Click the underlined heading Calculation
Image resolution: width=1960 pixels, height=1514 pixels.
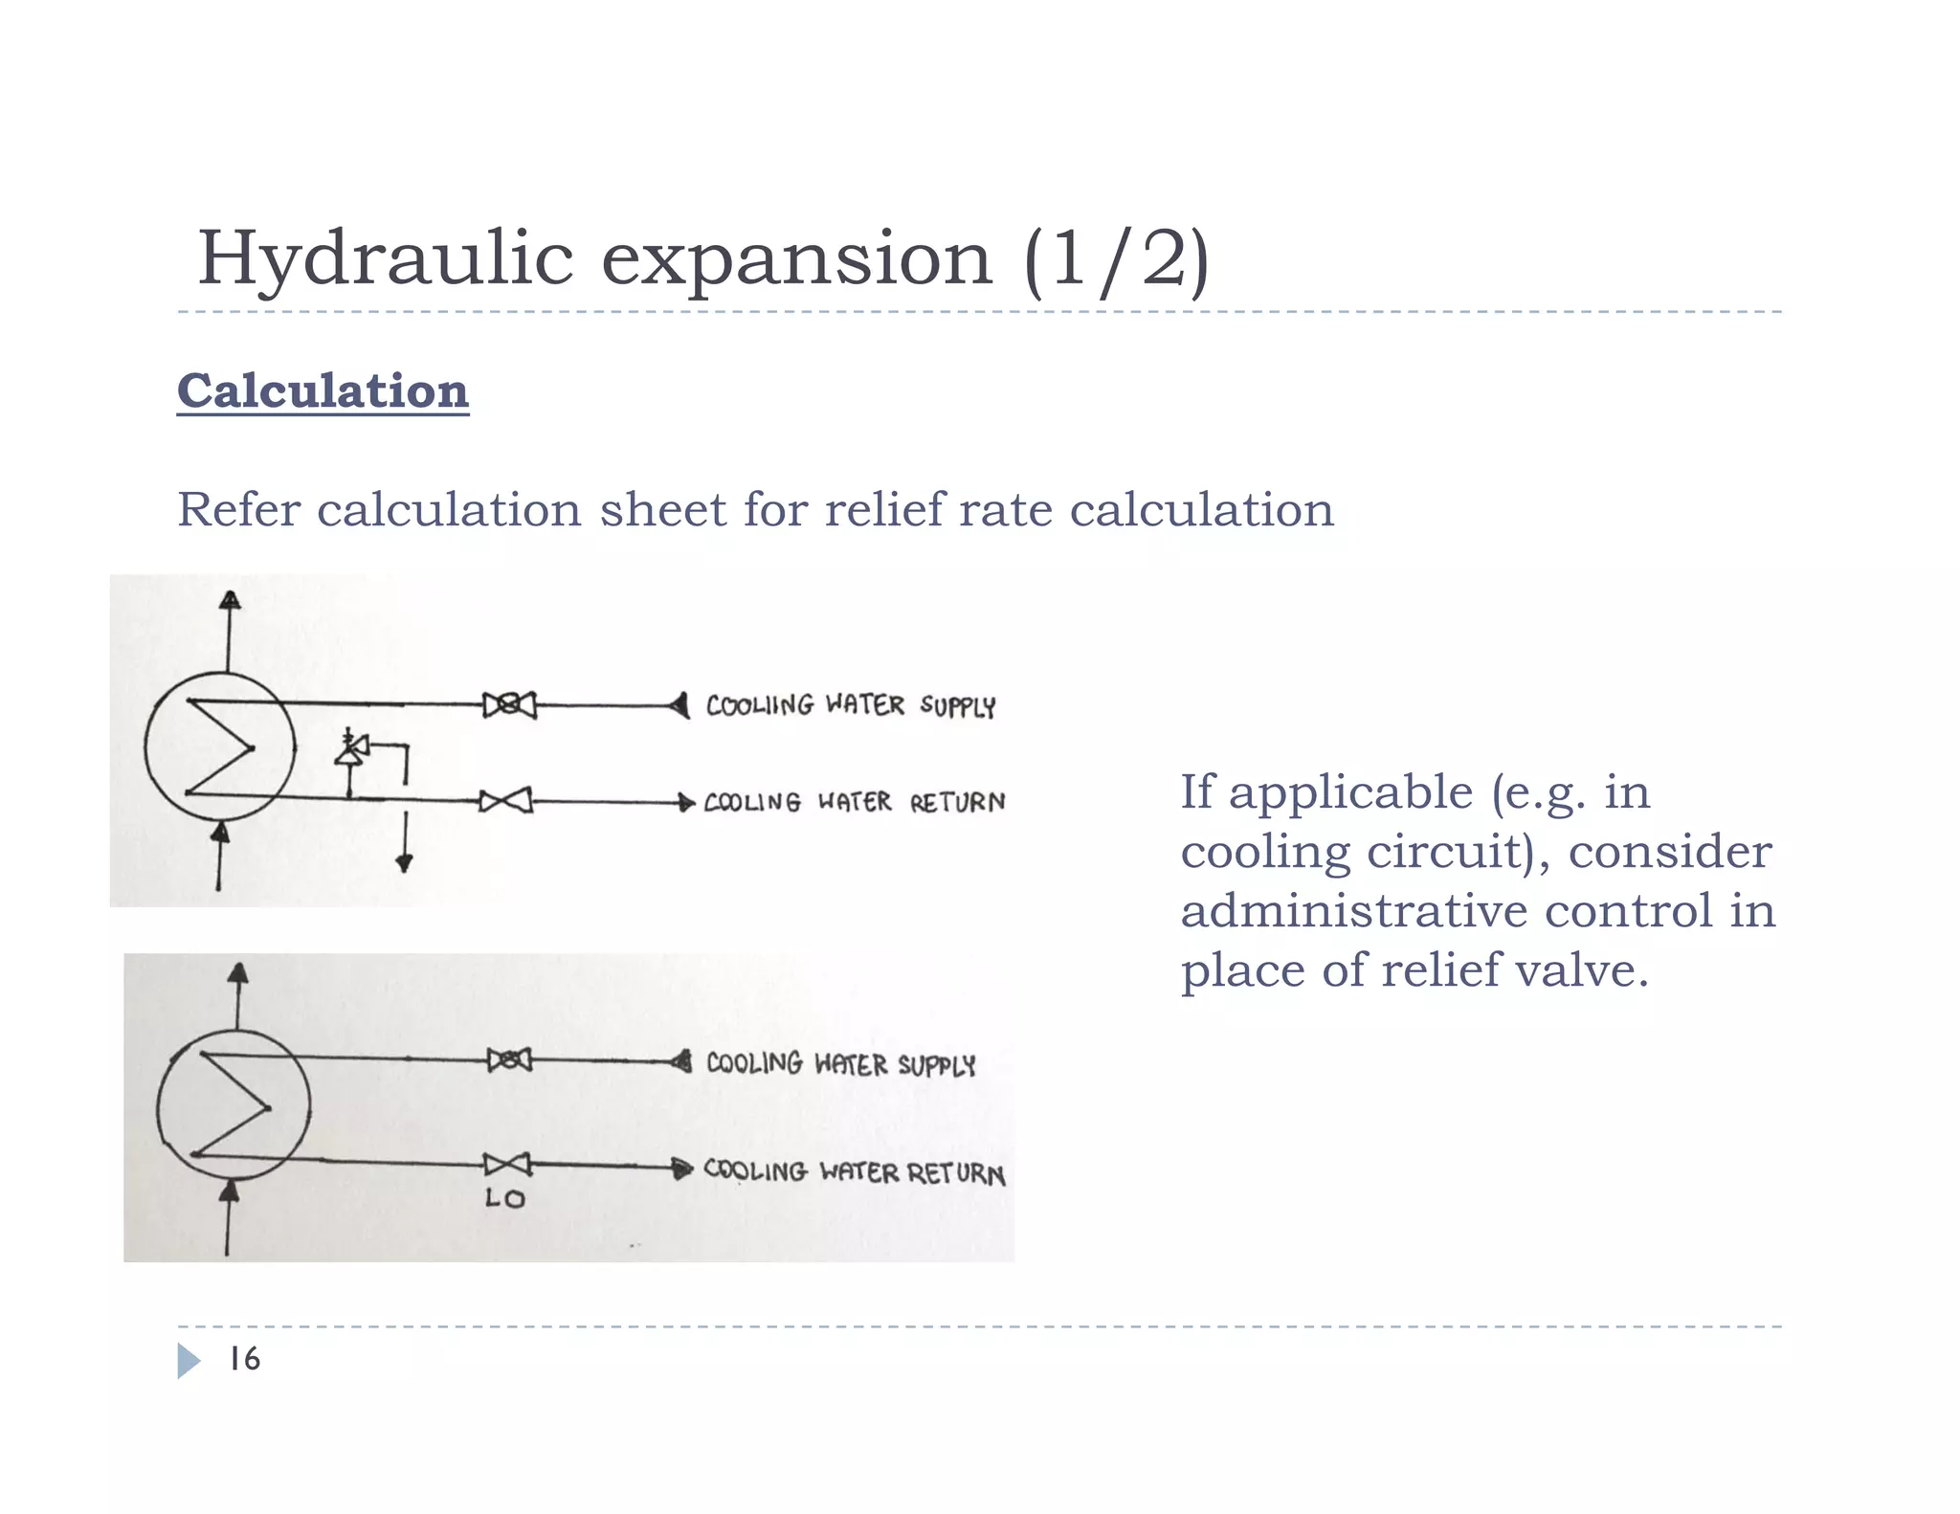pyautogui.click(x=323, y=391)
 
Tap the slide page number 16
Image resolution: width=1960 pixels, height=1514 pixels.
pyautogui.click(x=244, y=1359)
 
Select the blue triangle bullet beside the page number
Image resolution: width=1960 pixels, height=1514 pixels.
pyautogui.click(x=189, y=1361)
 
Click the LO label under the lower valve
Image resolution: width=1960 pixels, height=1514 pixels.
pyautogui.click(x=504, y=1198)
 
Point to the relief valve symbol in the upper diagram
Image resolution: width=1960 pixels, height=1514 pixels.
pyautogui.click(x=352, y=749)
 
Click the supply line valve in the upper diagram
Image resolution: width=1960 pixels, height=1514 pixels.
pyautogui.click(x=509, y=705)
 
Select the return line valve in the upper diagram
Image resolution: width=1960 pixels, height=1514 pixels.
pyautogui.click(x=505, y=801)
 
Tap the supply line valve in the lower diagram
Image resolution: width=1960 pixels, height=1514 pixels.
pyautogui.click(x=509, y=1060)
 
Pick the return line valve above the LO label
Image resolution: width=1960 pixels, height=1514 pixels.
pyautogui.click(x=507, y=1165)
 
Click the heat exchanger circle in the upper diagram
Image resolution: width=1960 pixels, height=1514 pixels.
pyautogui.click(x=219, y=746)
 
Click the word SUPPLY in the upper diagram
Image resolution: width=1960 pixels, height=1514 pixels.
pyautogui.click(x=957, y=707)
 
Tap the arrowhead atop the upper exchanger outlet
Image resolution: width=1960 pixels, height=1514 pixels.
pyautogui.click(x=230, y=601)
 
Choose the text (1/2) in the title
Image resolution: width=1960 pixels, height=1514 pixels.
pyautogui.click(x=1116, y=260)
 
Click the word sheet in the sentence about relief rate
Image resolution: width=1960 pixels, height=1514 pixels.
pyautogui.click(x=662, y=509)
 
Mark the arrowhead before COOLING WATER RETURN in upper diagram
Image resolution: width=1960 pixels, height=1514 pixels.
pyautogui.click(x=685, y=802)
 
